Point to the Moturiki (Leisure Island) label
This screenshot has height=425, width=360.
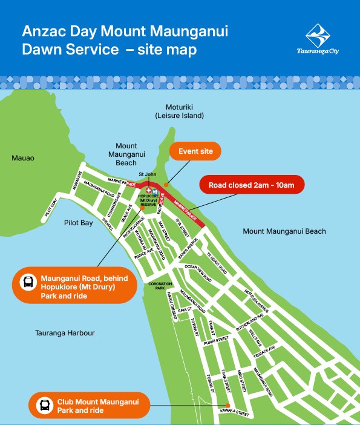[180, 110]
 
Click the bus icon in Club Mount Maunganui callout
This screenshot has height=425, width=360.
[44, 405]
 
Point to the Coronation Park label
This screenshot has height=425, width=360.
[160, 286]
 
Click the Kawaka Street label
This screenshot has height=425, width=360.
[235, 414]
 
